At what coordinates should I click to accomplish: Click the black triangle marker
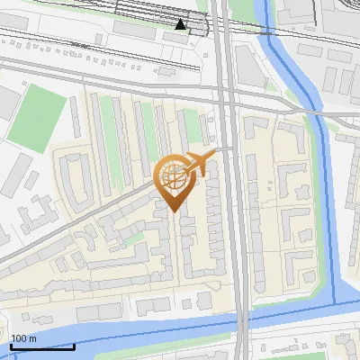click(x=181, y=24)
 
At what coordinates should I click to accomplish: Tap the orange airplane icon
click(x=200, y=164)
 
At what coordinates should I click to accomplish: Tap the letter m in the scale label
click(x=31, y=338)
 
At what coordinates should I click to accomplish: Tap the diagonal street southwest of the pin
click(x=81, y=225)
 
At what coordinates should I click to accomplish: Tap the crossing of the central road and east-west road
click(x=229, y=91)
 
